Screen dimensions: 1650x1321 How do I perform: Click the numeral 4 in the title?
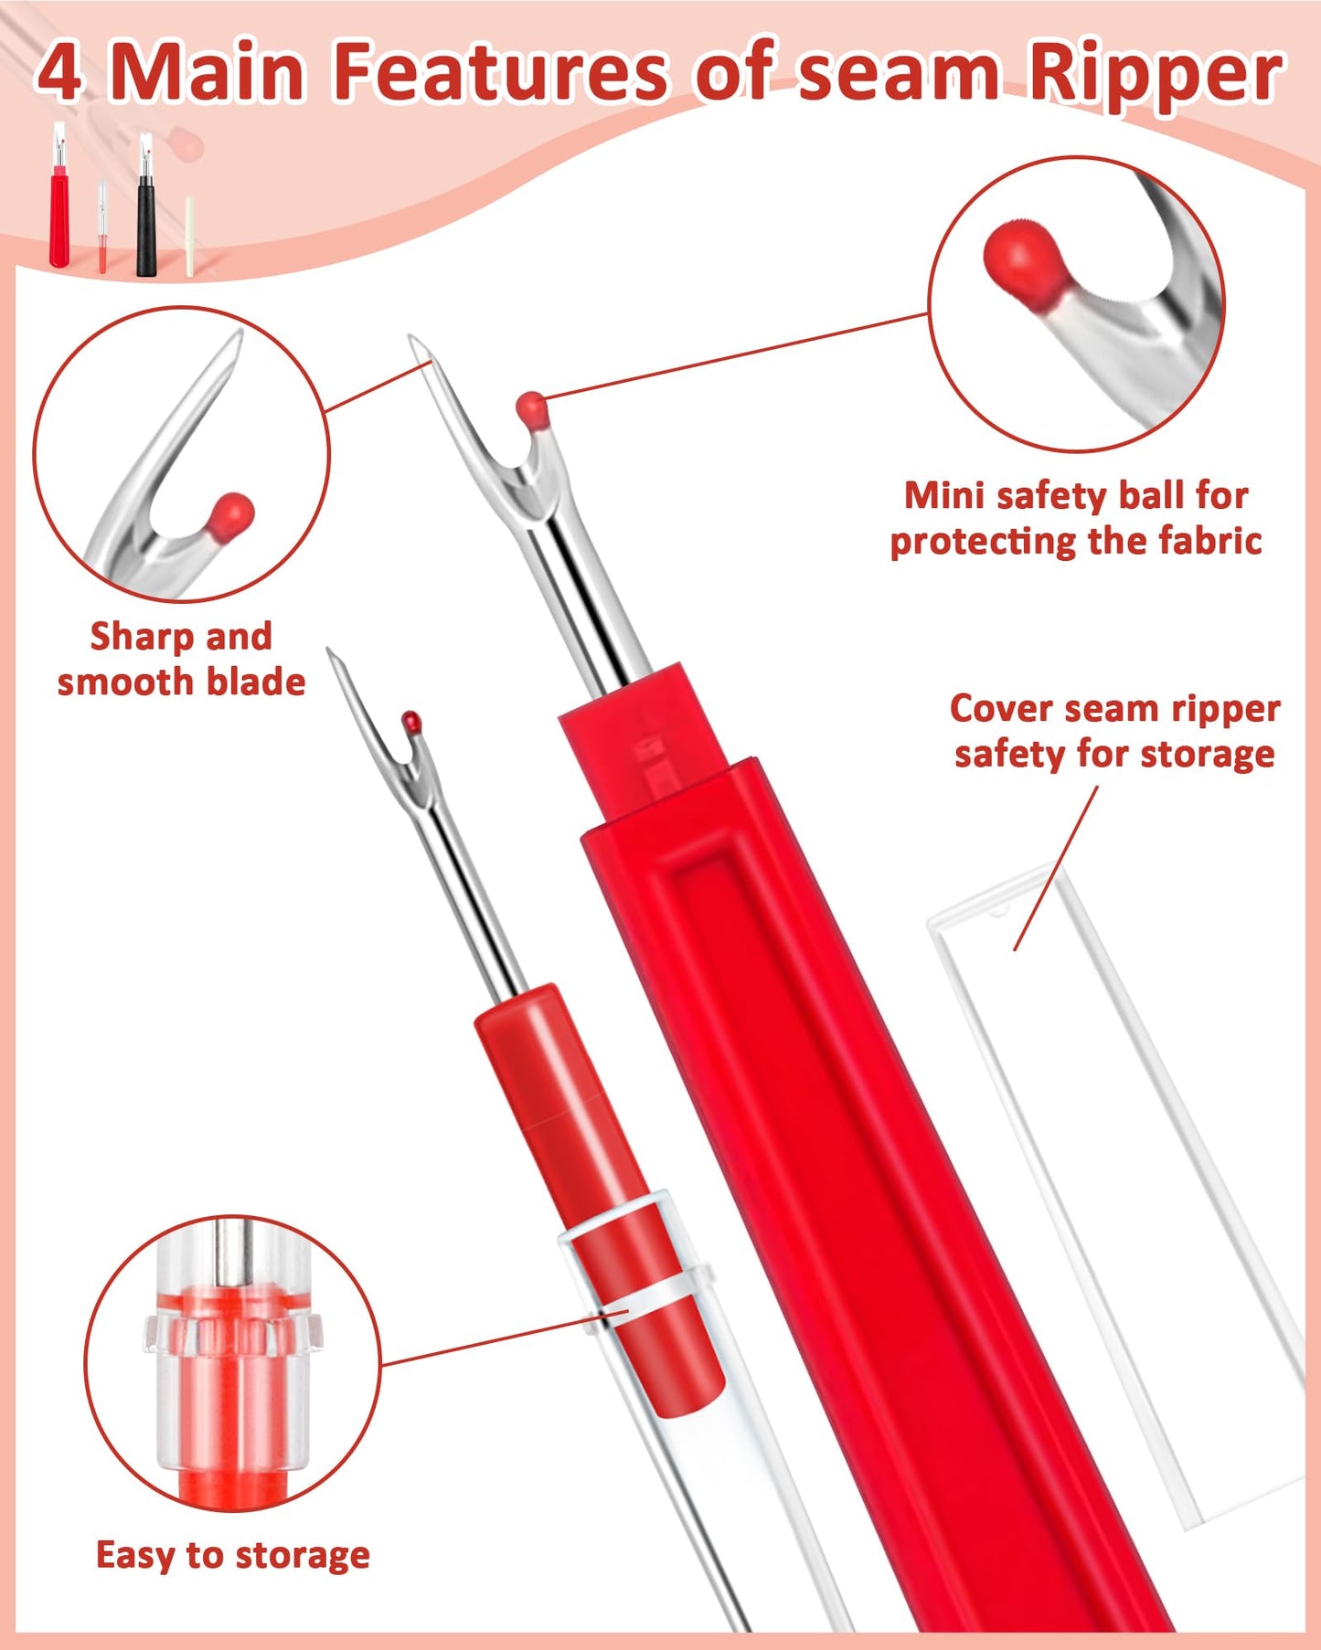(x=60, y=73)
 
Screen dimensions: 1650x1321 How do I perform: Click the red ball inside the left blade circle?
(x=230, y=515)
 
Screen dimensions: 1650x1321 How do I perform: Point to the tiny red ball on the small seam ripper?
(x=412, y=721)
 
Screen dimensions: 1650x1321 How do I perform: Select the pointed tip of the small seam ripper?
(x=331, y=652)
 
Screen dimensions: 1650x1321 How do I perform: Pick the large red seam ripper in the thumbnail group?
(x=59, y=215)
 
